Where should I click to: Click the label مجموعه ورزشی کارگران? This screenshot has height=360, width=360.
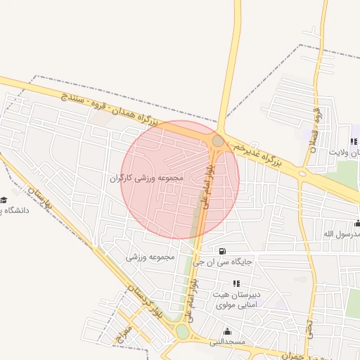coord(146,178)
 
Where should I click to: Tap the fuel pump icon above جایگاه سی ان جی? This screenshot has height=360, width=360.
coord(223,251)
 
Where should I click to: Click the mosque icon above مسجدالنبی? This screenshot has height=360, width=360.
coord(226,332)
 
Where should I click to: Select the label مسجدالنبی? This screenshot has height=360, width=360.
coord(226,342)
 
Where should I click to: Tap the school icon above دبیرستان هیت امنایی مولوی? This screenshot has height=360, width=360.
coord(236,283)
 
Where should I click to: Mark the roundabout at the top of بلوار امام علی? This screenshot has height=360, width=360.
coord(218,141)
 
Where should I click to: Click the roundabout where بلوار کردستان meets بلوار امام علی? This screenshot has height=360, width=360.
coord(183,332)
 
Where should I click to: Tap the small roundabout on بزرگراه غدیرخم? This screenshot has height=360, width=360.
coord(302,172)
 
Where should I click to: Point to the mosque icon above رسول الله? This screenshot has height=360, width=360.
coord(356,224)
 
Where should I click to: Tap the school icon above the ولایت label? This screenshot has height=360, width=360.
coord(354,141)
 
